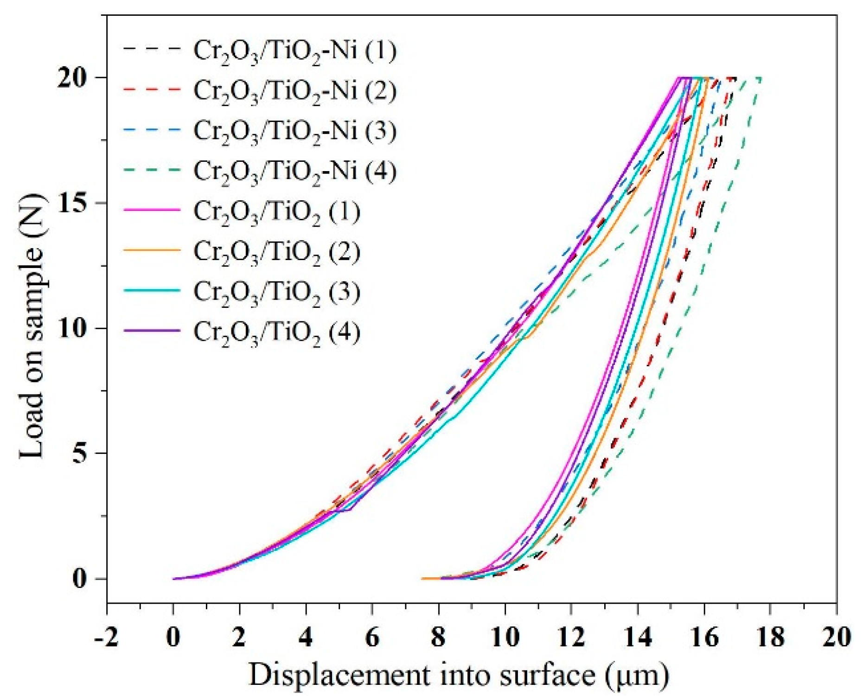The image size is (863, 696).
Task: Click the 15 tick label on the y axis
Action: [73, 203]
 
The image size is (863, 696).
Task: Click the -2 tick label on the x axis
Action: [106, 638]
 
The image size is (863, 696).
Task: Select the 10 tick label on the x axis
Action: [505, 638]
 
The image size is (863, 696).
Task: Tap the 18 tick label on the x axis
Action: [770, 638]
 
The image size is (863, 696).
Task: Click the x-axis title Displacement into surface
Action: [459, 675]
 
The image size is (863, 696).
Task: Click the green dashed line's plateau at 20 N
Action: [754, 78]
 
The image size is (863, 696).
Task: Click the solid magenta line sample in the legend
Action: [152, 210]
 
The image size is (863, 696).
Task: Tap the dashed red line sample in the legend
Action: [152, 89]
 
